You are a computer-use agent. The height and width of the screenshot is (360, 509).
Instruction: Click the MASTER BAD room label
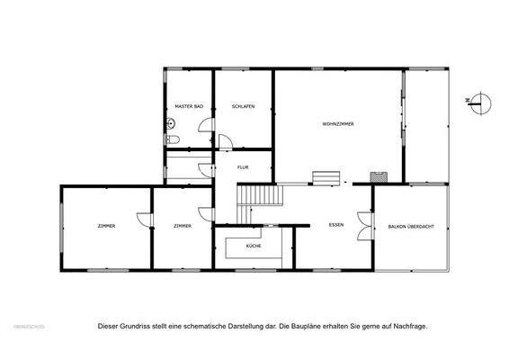pyautogui.click(x=189, y=107)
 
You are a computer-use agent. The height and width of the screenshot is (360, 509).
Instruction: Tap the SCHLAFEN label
pyautogui.click(x=243, y=107)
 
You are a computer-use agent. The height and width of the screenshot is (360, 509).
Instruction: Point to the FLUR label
pyautogui.click(x=243, y=167)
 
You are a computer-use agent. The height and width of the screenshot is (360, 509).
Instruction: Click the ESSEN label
pyautogui.click(x=337, y=224)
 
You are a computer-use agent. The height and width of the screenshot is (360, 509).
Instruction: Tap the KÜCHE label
pyautogui.click(x=253, y=246)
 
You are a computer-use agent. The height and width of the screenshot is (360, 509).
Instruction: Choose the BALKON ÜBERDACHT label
pyautogui.click(x=411, y=226)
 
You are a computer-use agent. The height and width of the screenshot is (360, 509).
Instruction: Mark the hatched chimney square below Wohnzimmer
pyautogui.click(x=381, y=176)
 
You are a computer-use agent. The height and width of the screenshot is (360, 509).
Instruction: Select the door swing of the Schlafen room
pyautogui.click(x=226, y=141)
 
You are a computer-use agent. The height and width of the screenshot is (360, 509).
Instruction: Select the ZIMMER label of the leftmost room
pyautogui.click(x=106, y=225)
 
